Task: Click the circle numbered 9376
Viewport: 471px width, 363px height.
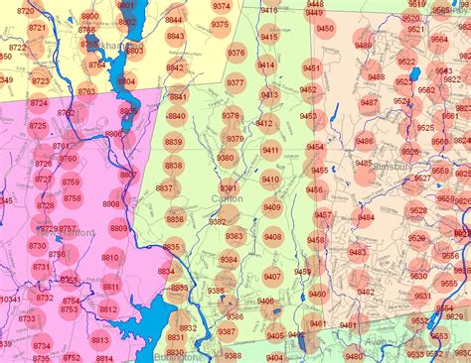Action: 236,53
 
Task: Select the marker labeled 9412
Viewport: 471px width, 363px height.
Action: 264,123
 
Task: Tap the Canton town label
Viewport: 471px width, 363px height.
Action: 227,199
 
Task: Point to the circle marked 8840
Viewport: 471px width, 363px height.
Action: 176,116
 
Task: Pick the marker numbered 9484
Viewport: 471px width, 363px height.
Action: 366,217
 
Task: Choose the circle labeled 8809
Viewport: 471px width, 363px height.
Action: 118,229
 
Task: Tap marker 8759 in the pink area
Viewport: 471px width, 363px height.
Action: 71,181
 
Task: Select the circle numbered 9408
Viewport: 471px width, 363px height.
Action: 272,236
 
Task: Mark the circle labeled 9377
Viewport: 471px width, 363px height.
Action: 235,82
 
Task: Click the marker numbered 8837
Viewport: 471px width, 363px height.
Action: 164,187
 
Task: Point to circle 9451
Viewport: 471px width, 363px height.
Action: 311,67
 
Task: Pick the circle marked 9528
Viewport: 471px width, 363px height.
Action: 418,210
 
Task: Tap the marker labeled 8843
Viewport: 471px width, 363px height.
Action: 175,36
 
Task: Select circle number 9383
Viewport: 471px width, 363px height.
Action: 235,236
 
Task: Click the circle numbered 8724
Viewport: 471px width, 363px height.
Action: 38,102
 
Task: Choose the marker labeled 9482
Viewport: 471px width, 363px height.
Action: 366,292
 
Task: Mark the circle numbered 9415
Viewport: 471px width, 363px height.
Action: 269,37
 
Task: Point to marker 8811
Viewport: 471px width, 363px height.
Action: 110,288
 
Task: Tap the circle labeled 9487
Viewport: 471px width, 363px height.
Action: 369,102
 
